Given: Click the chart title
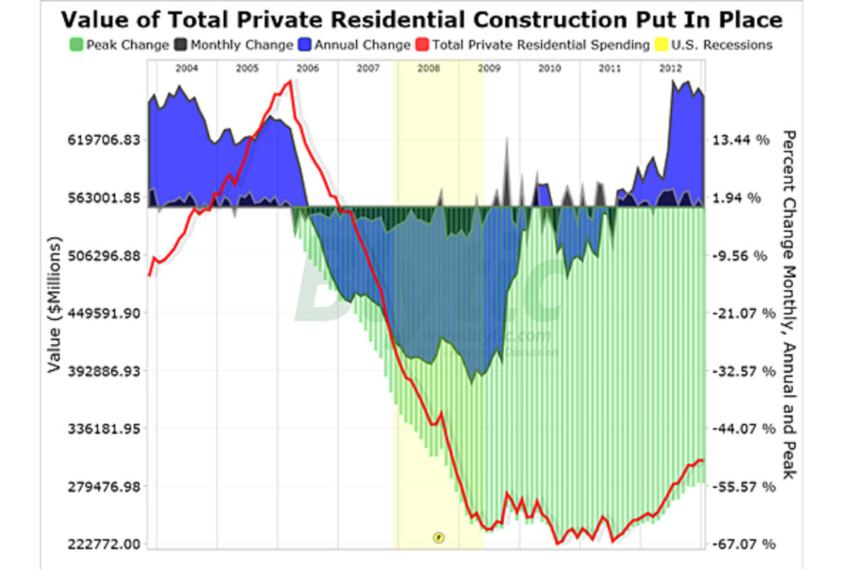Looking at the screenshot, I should (x=421, y=19).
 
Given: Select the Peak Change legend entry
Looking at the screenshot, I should (x=122, y=45).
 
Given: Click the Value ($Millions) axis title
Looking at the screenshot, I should (x=54, y=313).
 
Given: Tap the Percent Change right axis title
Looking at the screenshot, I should (x=788, y=304).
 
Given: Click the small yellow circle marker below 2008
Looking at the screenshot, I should (x=438, y=537).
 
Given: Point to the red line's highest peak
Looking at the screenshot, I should (x=290, y=82).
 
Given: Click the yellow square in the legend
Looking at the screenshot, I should (x=660, y=45).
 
